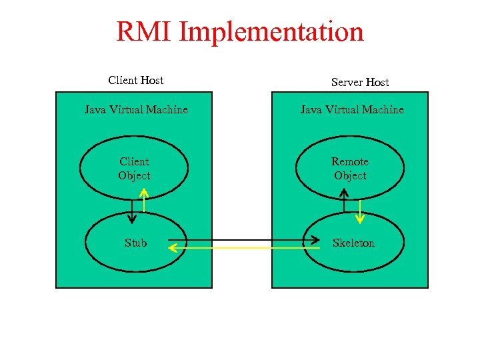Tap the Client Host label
136,80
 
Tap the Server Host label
360,82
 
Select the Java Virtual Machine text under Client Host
136,109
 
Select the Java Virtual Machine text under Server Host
352,109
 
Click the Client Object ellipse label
134,169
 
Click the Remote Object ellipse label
350,169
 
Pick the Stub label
135,243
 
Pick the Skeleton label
353,243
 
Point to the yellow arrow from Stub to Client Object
143,200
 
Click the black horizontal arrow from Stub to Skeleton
240,240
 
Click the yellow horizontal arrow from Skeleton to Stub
240,248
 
